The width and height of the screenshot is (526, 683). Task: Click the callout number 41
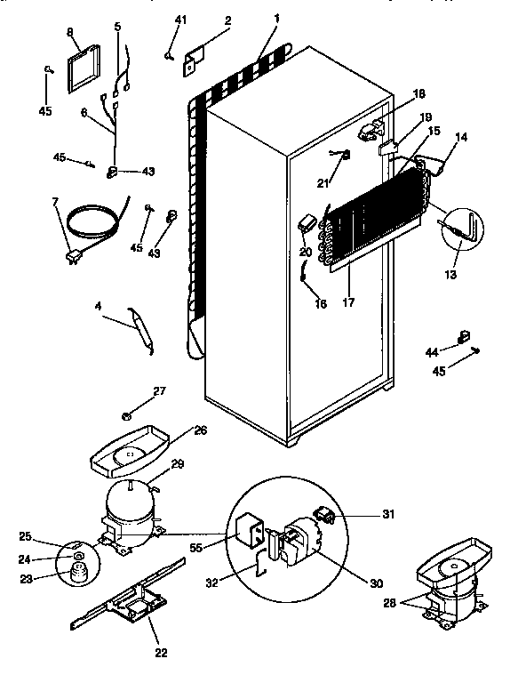pyautogui.click(x=181, y=20)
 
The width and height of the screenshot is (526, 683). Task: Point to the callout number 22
pyautogui.click(x=161, y=652)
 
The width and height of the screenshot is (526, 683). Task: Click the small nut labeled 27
pyautogui.click(x=128, y=414)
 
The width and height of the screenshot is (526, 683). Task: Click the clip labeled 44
pyautogui.click(x=461, y=336)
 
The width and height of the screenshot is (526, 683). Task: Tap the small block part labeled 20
pyautogui.click(x=308, y=221)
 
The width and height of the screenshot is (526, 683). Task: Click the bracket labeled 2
pyautogui.click(x=195, y=62)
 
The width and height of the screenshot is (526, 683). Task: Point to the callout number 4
pyautogui.click(x=98, y=307)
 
